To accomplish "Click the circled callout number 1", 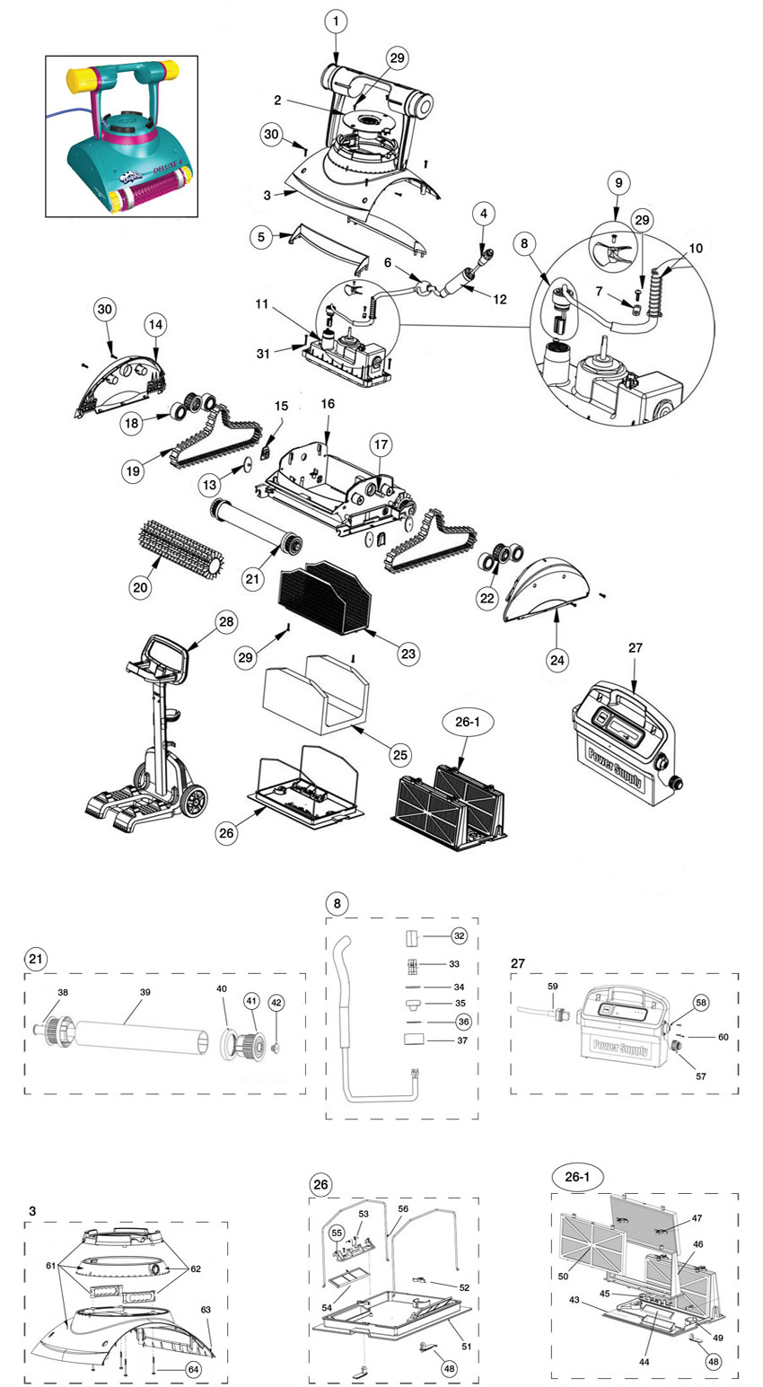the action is pyautogui.click(x=336, y=22).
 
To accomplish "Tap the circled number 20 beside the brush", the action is pyautogui.click(x=141, y=586).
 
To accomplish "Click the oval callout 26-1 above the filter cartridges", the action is pyautogui.click(x=468, y=722).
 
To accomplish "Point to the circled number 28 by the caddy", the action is pyautogui.click(x=227, y=621).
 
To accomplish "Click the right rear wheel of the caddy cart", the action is pyautogui.click(x=194, y=802).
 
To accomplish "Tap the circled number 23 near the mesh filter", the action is pyautogui.click(x=408, y=654).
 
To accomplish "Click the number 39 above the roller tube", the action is pyautogui.click(x=145, y=991).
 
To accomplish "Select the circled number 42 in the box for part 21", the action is pyautogui.click(x=276, y=1003).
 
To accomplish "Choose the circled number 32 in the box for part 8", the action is pyautogui.click(x=459, y=935).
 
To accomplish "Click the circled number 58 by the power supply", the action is pyautogui.click(x=701, y=1003).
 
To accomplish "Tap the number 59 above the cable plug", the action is pyautogui.click(x=552, y=987).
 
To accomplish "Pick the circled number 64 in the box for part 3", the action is pyautogui.click(x=193, y=1368).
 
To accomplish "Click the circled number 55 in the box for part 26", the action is pyautogui.click(x=337, y=1233).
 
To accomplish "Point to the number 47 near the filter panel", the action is pyautogui.click(x=697, y=1218).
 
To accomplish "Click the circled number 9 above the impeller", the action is pyautogui.click(x=618, y=182).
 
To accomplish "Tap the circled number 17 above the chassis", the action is pyautogui.click(x=381, y=444).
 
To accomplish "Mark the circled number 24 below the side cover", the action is pyautogui.click(x=557, y=660).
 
